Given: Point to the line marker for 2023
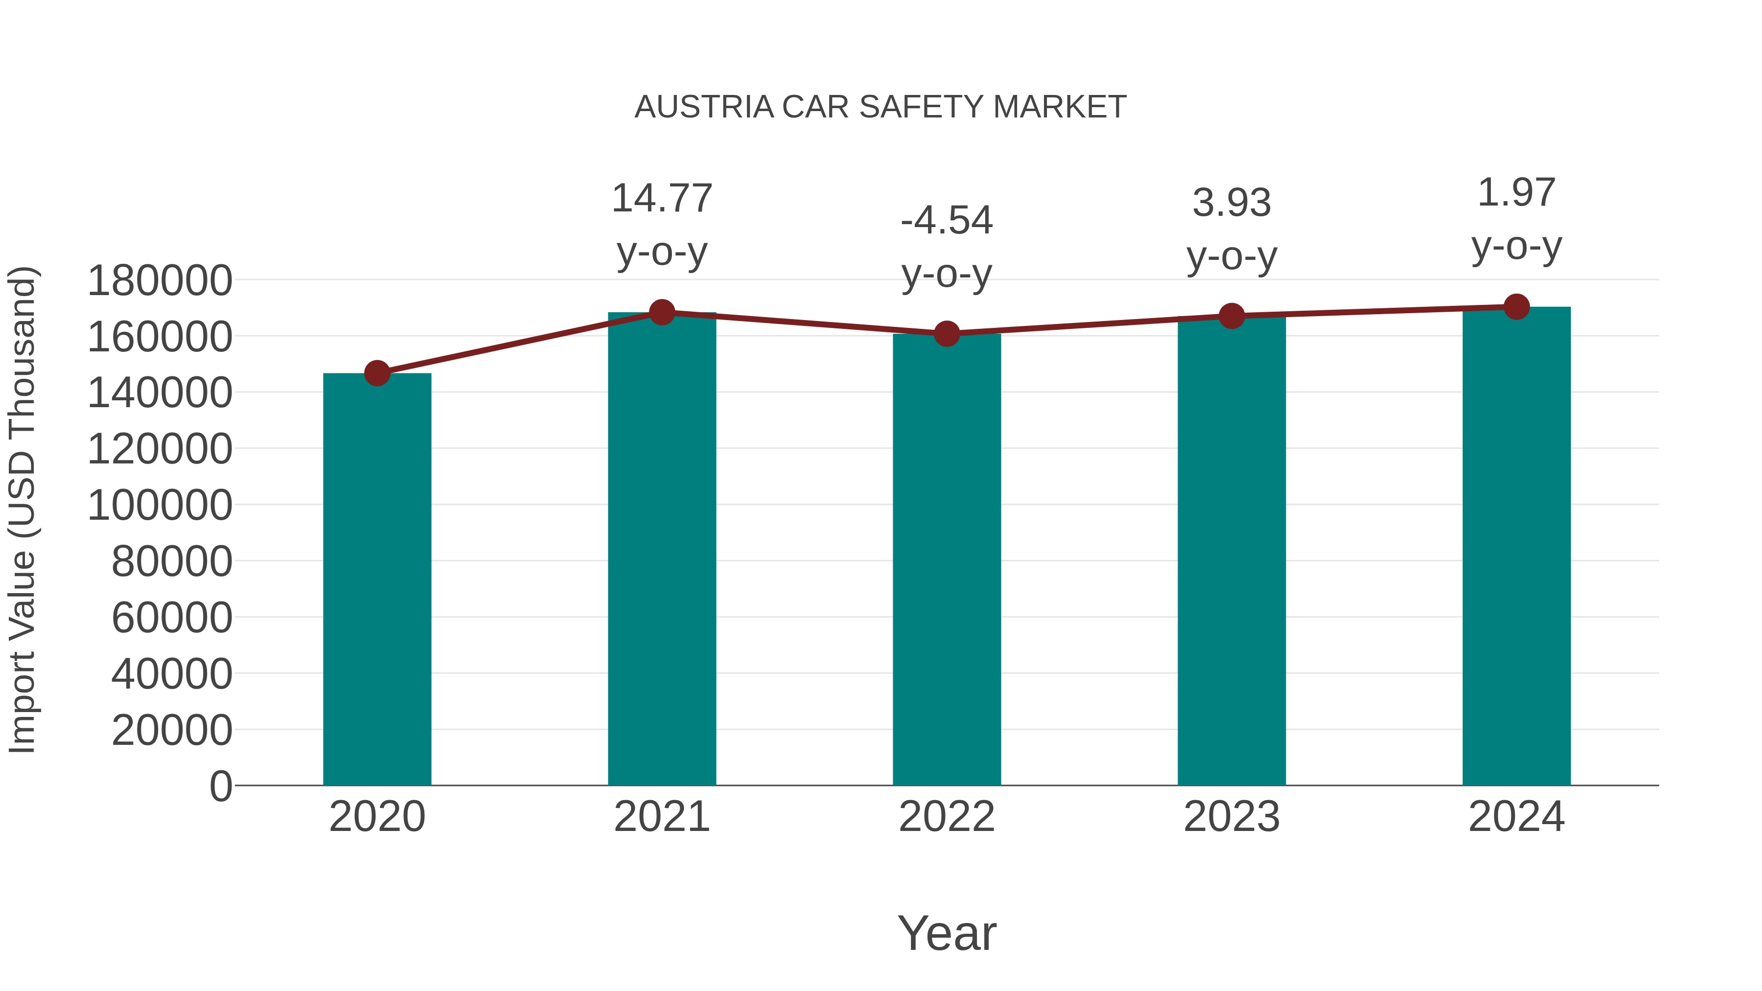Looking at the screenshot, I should pyautogui.click(x=1231, y=316).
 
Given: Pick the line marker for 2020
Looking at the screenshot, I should pyautogui.click(x=377, y=373).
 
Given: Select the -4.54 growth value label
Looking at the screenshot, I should pyautogui.click(x=947, y=221).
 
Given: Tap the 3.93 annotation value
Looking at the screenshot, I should pyautogui.click(x=1231, y=203).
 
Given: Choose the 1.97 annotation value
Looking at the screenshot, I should pyautogui.click(x=1516, y=193).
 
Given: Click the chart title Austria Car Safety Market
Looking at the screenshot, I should pyautogui.click(x=881, y=107).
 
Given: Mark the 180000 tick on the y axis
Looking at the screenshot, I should pyautogui.click(x=160, y=280).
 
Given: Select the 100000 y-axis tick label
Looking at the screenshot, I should pyautogui.click(x=160, y=506).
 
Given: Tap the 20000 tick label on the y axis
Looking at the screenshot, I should pyautogui.click(x=172, y=731).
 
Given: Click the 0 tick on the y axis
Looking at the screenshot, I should pyautogui.click(x=221, y=786).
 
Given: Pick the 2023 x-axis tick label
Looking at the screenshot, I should pyautogui.click(x=1231, y=817).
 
